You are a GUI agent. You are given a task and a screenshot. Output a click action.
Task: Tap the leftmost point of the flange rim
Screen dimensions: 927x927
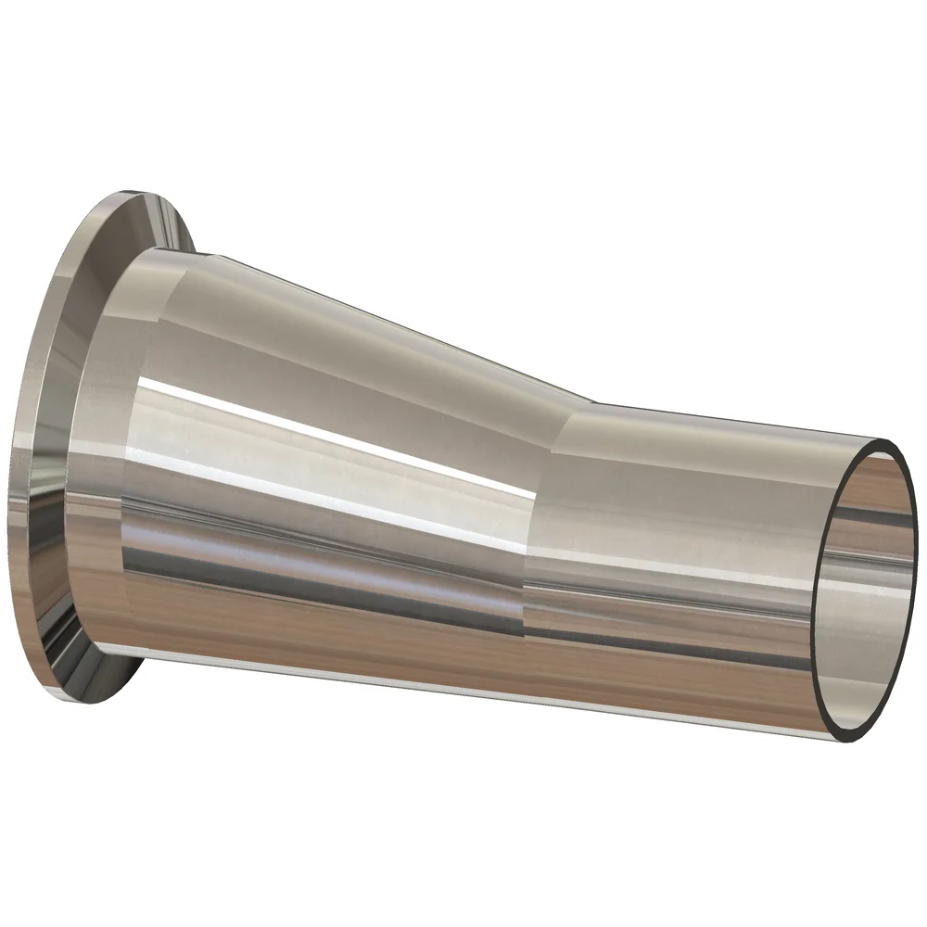tap(11, 482)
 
